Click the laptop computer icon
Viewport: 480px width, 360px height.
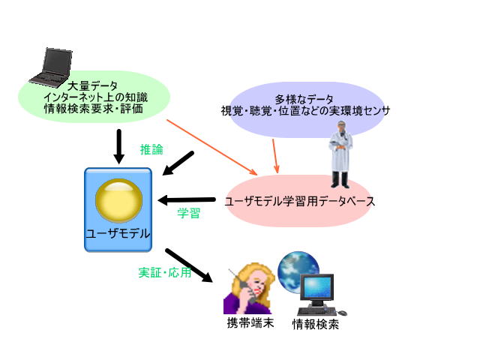point(52,65)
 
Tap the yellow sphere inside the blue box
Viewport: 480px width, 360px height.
point(119,200)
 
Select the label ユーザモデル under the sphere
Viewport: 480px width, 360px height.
point(118,234)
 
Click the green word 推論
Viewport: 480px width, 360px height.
point(151,149)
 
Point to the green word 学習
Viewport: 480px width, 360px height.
point(188,213)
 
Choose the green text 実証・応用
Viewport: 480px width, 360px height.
point(165,272)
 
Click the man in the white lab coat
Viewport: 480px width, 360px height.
point(340,154)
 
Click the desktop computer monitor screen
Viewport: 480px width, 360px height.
point(316,286)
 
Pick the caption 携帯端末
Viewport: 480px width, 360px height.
point(250,323)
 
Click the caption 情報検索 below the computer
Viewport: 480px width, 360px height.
point(316,324)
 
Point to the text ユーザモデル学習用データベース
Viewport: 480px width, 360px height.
point(300,202)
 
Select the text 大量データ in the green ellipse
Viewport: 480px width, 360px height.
point(92,86)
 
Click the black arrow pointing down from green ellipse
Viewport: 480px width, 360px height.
point(119,147)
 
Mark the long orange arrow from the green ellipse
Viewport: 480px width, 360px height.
point(211,147)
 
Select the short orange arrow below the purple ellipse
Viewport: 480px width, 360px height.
point(275,156)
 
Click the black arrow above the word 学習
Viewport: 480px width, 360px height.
point(187,200)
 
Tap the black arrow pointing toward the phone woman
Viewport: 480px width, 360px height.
point(189,265)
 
